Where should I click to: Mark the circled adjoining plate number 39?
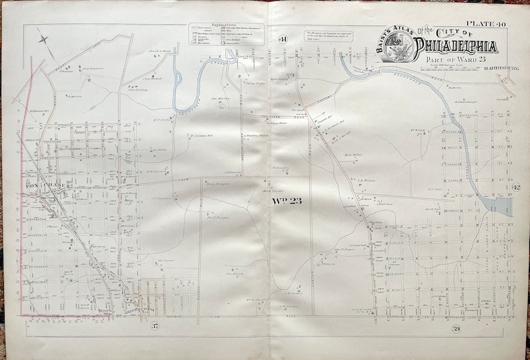(455, 328)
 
